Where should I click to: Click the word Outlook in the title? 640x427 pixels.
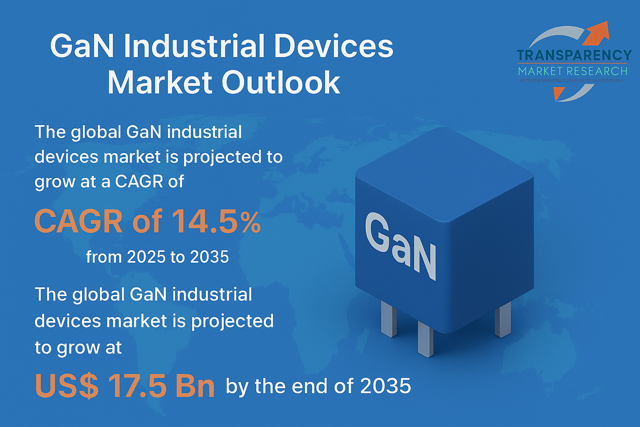(x=281, y=82)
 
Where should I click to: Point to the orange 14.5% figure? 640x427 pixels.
(x=216, y=221)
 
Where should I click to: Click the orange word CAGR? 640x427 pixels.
(x=78, y=221)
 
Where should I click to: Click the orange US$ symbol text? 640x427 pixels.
(x=67, y=386)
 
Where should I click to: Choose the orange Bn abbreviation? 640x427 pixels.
(x=195, y=386)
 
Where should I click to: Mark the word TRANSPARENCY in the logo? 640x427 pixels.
(x=574, y=55)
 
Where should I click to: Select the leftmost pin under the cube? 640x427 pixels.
(x=389, y=319)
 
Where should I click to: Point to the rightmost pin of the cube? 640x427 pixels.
(x=502, y=319)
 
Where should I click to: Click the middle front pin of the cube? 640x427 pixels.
(x=425, y=339)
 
